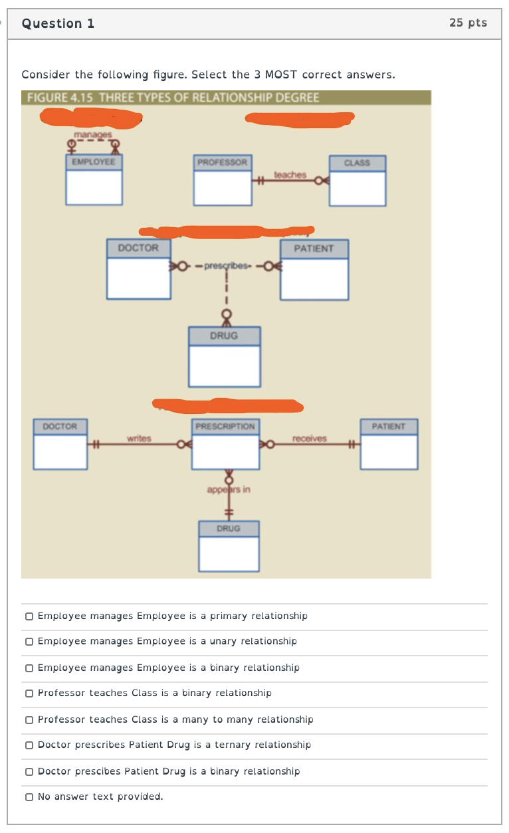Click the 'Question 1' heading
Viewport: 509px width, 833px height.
point(58,23)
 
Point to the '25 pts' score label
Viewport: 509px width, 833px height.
point(468,23)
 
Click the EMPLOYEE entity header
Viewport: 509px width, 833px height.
point(94,162)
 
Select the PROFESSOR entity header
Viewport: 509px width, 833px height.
point(222,162)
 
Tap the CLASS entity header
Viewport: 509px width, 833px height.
point(357,163)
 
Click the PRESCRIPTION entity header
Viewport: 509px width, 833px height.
point(225,426)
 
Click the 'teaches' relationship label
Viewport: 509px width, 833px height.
point(290,175)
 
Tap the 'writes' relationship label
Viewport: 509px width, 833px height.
point(139,438)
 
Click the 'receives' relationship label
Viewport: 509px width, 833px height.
point(309,438)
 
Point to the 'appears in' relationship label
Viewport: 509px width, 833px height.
point(229,490)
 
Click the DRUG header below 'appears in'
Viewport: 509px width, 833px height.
point(229,529)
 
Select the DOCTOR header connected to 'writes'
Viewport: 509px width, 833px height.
point(60,426)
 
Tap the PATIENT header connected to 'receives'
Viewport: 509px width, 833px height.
point(389,426)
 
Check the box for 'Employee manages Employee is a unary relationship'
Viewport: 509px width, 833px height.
point(29,642)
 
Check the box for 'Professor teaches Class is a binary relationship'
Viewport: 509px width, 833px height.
point(29,694)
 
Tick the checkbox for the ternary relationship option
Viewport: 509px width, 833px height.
point(29,745)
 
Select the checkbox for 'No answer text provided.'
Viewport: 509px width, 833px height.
point(29,796)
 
